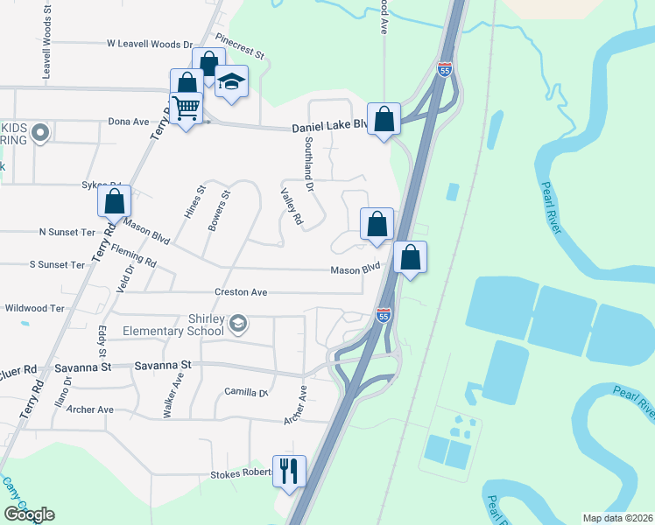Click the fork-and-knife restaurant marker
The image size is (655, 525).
point(289,471)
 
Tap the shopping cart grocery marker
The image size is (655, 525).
point(186,108)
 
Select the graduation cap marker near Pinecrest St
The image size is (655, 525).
point(232,81)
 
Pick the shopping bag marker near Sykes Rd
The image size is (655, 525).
point(114,200)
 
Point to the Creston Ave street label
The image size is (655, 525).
point(241,292)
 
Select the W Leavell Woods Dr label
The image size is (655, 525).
point(149,44)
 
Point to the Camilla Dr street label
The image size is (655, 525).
point(245,392)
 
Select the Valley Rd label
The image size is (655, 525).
point(292,207)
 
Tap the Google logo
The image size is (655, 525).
point(29,514)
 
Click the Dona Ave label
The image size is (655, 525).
point(129,122)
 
